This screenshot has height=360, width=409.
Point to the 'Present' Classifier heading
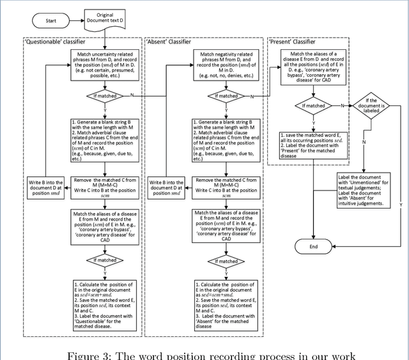point(297,43)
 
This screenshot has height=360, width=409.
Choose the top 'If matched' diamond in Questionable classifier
point(104,96)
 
